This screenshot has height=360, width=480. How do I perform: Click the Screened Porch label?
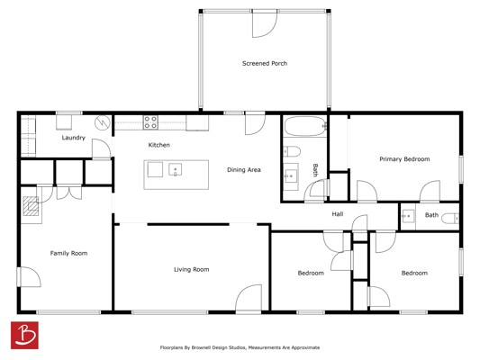tap(265, 64)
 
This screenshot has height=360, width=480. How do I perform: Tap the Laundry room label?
tap(74, 138)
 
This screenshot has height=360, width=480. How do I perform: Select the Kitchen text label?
tap(158, 145)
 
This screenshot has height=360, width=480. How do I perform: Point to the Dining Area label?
tap(244, 170)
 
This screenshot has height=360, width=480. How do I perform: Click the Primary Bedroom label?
tap(404, 159)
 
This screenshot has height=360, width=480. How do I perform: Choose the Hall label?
tap(338, 214)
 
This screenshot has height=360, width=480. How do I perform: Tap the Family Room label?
tap(68, 253)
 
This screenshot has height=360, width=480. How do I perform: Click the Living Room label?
tap(191, 269)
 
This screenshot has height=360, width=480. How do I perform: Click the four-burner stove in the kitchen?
tap(150, 122)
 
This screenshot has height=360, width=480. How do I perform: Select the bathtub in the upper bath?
tap(305, 126)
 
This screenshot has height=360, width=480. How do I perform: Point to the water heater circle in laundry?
tap(103, 122)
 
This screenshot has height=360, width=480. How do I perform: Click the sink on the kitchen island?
tap(175, 169)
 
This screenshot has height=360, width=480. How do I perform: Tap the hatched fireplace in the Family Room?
tap(31, 206)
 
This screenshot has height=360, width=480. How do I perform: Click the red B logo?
tap(24, 335)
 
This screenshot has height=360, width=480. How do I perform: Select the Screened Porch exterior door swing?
tap(265, 24)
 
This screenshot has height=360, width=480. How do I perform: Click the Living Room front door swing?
tap(249, 297)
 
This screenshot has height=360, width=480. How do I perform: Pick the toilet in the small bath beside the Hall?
tap(450, 219)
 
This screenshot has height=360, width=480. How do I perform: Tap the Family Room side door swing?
tap(30, 277)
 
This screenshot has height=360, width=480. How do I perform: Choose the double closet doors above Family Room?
tap(69, 193)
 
